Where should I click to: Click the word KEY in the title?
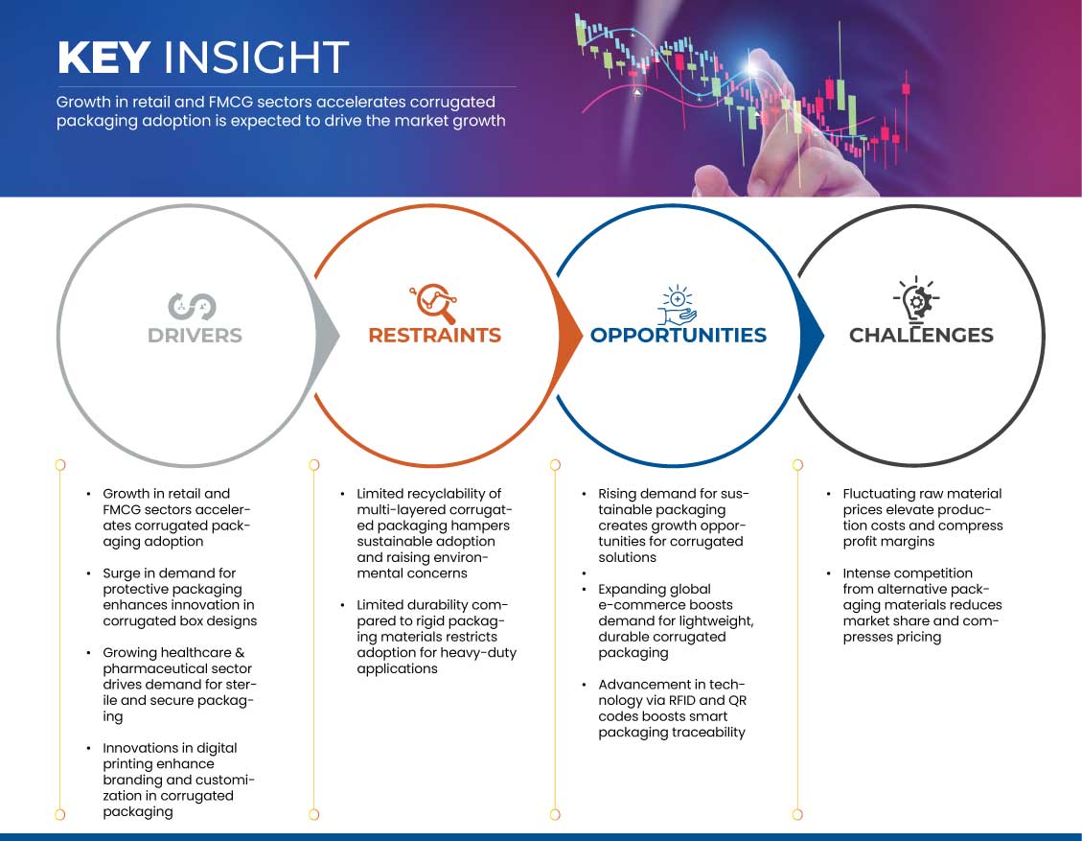104,58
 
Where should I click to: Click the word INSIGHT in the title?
256,58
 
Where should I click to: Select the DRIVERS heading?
195,336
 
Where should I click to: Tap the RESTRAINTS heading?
435,336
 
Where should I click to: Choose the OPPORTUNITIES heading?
679,336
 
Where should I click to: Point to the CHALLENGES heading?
921,336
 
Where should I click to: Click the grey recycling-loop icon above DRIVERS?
193,307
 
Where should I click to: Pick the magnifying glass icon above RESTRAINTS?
434,303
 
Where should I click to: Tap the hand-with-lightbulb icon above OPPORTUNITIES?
677,305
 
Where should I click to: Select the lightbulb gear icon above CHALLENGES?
916,300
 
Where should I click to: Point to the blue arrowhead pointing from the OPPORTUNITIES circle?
812,337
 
